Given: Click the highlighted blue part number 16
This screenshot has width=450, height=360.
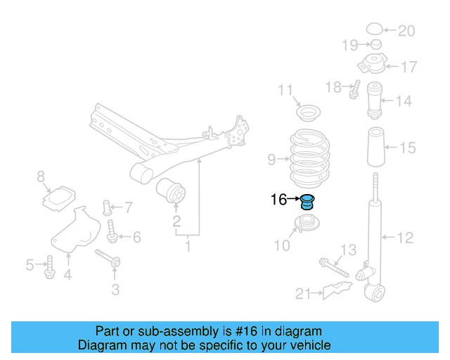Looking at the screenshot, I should click(x=307, y=201).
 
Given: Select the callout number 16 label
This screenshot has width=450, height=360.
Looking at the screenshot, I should click(x=278, y=200).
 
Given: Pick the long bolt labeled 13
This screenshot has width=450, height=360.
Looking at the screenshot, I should click(x=333, y=266).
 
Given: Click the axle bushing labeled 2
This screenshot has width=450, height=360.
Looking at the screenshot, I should click(x=172, y=191).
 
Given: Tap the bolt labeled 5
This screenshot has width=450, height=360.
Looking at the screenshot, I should click(x=49, y=265).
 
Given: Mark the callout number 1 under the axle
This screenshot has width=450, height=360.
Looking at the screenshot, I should click(x=188, y=247).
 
